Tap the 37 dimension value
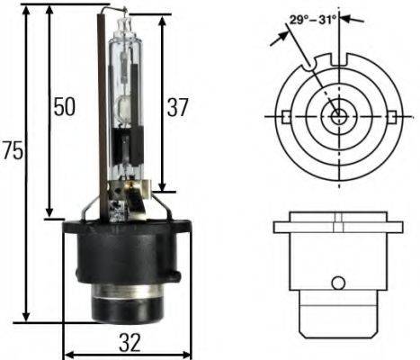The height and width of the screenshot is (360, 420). [177, 108]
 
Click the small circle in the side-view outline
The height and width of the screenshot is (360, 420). [337, 283]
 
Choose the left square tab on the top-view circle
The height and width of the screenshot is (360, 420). [284, 117]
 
